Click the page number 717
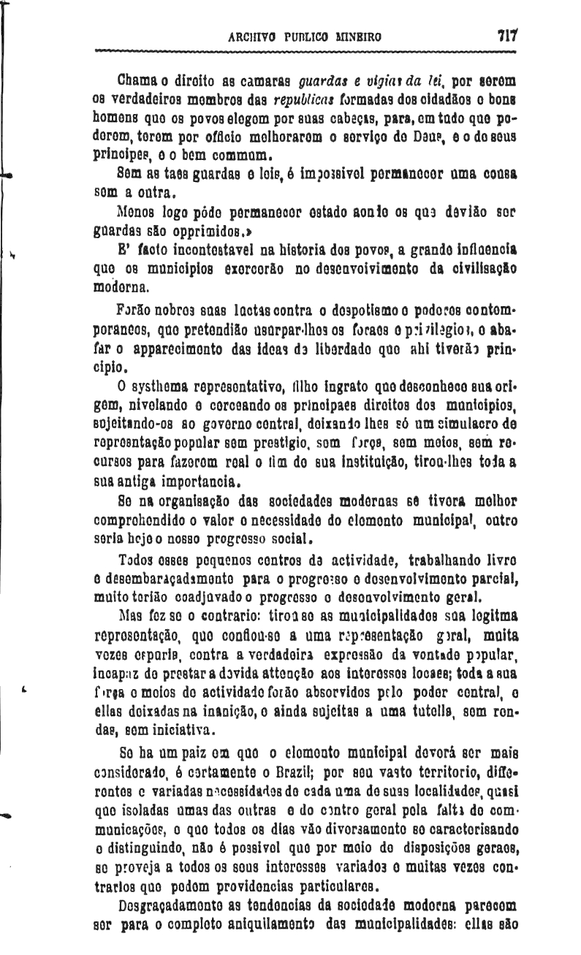506,35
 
